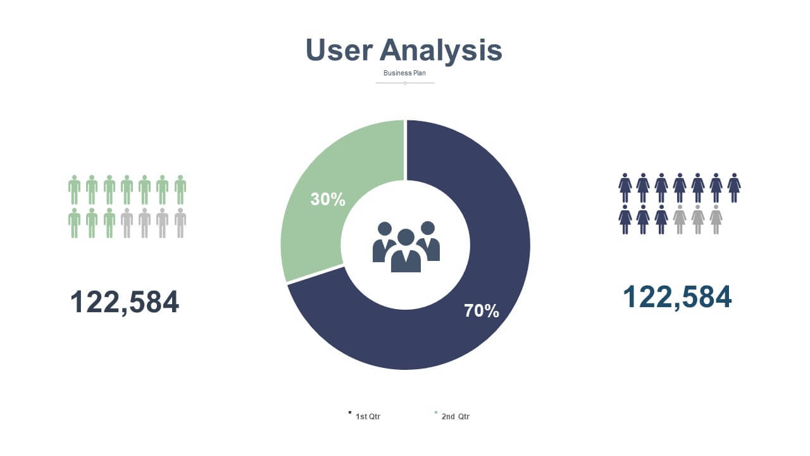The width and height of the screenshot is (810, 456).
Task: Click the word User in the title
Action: pos(339,50)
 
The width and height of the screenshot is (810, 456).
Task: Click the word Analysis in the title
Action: pos(441,51)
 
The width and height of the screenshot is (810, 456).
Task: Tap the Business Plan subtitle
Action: pos(404,73)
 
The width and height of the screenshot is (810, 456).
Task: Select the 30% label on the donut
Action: pos(328,199)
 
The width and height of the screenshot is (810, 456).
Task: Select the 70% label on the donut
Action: pos(482,310)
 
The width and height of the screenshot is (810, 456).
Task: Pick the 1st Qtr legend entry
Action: pos(364,416)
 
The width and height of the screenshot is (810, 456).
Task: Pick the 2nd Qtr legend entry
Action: pos(452,416)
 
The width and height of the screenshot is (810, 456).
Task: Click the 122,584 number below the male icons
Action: pos(125,302)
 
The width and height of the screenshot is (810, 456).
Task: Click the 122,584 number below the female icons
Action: pos(677,297)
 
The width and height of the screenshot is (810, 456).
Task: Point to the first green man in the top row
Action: pos(74,190)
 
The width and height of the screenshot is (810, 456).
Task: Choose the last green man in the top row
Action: pos(180,190)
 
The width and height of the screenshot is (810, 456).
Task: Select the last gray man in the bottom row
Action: pos(180,223)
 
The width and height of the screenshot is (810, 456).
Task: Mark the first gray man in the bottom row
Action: pos(127,223)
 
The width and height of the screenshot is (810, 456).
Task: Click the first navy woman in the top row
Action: pos(625,188)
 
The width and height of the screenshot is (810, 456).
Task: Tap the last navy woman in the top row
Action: pos(734,188)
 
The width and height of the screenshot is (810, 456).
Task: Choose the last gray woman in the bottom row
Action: pos(716,220)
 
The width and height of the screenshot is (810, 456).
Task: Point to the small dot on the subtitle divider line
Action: pos(405,83)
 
